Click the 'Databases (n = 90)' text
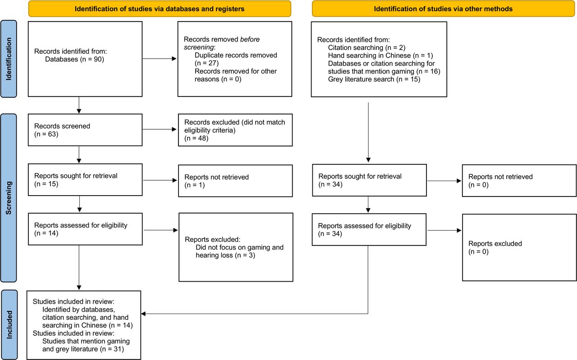click(x=74, y=59)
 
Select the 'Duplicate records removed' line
click(x=236, y=55)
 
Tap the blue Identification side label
click(x=9, y=59)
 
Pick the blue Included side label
click(x=9, y=325)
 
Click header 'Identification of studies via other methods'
click(x=444, y=9)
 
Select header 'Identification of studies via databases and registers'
click(x=160, y=9)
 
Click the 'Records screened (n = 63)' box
click(x=84, y=130)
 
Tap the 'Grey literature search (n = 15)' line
click(x=374, y=79)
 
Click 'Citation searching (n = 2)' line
click(x=362, y=47)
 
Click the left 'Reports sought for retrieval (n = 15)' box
click(x=84, y=180)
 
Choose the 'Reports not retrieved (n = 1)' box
click(x=235, y=181)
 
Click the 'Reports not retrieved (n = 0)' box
click(x=519, y=180)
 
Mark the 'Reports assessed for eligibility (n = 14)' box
click(x=84, y=229)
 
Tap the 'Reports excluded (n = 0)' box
click(x=519, y=247)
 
